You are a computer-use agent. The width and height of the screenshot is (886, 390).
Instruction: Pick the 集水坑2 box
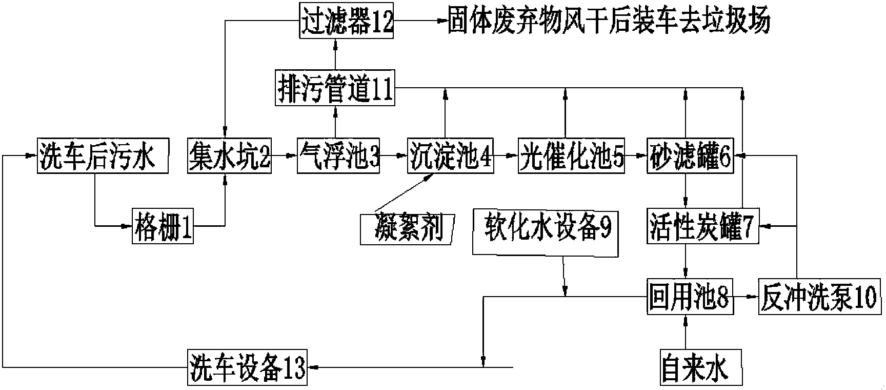[229, 155]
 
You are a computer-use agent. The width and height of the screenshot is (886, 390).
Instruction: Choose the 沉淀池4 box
[450, 155]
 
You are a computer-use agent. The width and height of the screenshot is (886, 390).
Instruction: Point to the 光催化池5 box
[571, 155]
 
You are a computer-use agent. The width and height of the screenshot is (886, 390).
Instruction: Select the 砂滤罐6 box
[690, 155]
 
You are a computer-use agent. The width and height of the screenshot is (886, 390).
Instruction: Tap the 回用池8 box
[689, 297]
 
